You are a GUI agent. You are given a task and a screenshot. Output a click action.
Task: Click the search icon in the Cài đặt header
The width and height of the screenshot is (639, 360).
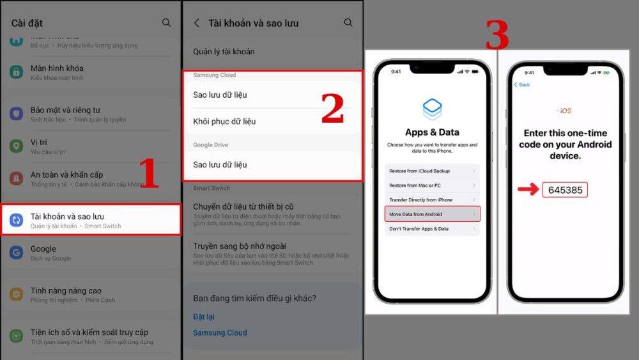(166, 23)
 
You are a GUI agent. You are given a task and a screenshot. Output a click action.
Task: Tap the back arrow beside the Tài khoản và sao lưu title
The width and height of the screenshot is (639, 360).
(197, 23)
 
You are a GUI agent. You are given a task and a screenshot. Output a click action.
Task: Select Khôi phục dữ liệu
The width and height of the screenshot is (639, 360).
(224, 121)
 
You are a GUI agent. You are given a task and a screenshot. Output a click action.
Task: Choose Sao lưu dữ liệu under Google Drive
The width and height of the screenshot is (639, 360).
(220, 164)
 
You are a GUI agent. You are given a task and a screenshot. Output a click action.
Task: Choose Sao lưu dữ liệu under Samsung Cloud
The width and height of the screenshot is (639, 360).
(220, 95)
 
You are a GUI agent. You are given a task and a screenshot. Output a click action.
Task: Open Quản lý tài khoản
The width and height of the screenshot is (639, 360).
(224, 52)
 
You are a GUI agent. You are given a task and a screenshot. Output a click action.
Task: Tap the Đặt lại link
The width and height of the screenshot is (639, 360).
(204, 317)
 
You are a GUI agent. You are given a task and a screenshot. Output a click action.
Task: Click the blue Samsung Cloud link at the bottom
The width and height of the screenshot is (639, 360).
(220, 333)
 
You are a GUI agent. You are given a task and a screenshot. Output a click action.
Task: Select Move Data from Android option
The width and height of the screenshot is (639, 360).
(432, 214)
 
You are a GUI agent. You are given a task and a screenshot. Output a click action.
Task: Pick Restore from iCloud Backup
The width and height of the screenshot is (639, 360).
(432, 171)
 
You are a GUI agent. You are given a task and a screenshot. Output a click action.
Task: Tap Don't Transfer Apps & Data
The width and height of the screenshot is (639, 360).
(432, 228)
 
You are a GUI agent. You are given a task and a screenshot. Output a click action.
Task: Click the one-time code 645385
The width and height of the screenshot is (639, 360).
(564, 190)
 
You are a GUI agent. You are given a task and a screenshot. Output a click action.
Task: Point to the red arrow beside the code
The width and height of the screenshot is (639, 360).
(528, 190)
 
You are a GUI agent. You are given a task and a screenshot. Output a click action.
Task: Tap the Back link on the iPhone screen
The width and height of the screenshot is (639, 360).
(522, 84)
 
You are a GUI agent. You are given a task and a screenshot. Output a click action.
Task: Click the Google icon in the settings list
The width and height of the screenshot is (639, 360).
(16, 253)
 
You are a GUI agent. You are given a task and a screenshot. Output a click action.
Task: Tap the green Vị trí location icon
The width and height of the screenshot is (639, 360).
(16, 146)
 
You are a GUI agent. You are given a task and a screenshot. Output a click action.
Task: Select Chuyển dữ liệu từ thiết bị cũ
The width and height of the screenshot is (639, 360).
(243, 207)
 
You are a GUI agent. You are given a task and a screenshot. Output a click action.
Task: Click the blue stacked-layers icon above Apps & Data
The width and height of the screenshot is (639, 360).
(432, 109)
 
